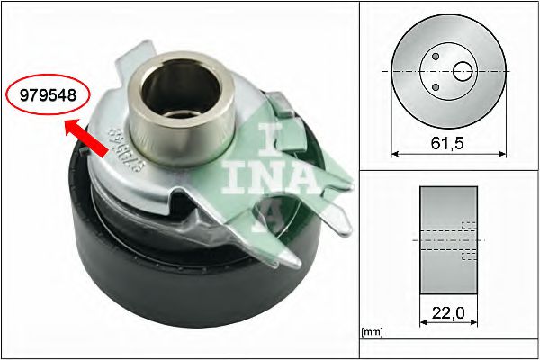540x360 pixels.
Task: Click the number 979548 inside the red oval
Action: (x=42, y=94)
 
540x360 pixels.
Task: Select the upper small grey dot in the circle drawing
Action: (x=435, y=56)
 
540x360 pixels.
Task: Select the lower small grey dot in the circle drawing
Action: (x=435, y=86)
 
